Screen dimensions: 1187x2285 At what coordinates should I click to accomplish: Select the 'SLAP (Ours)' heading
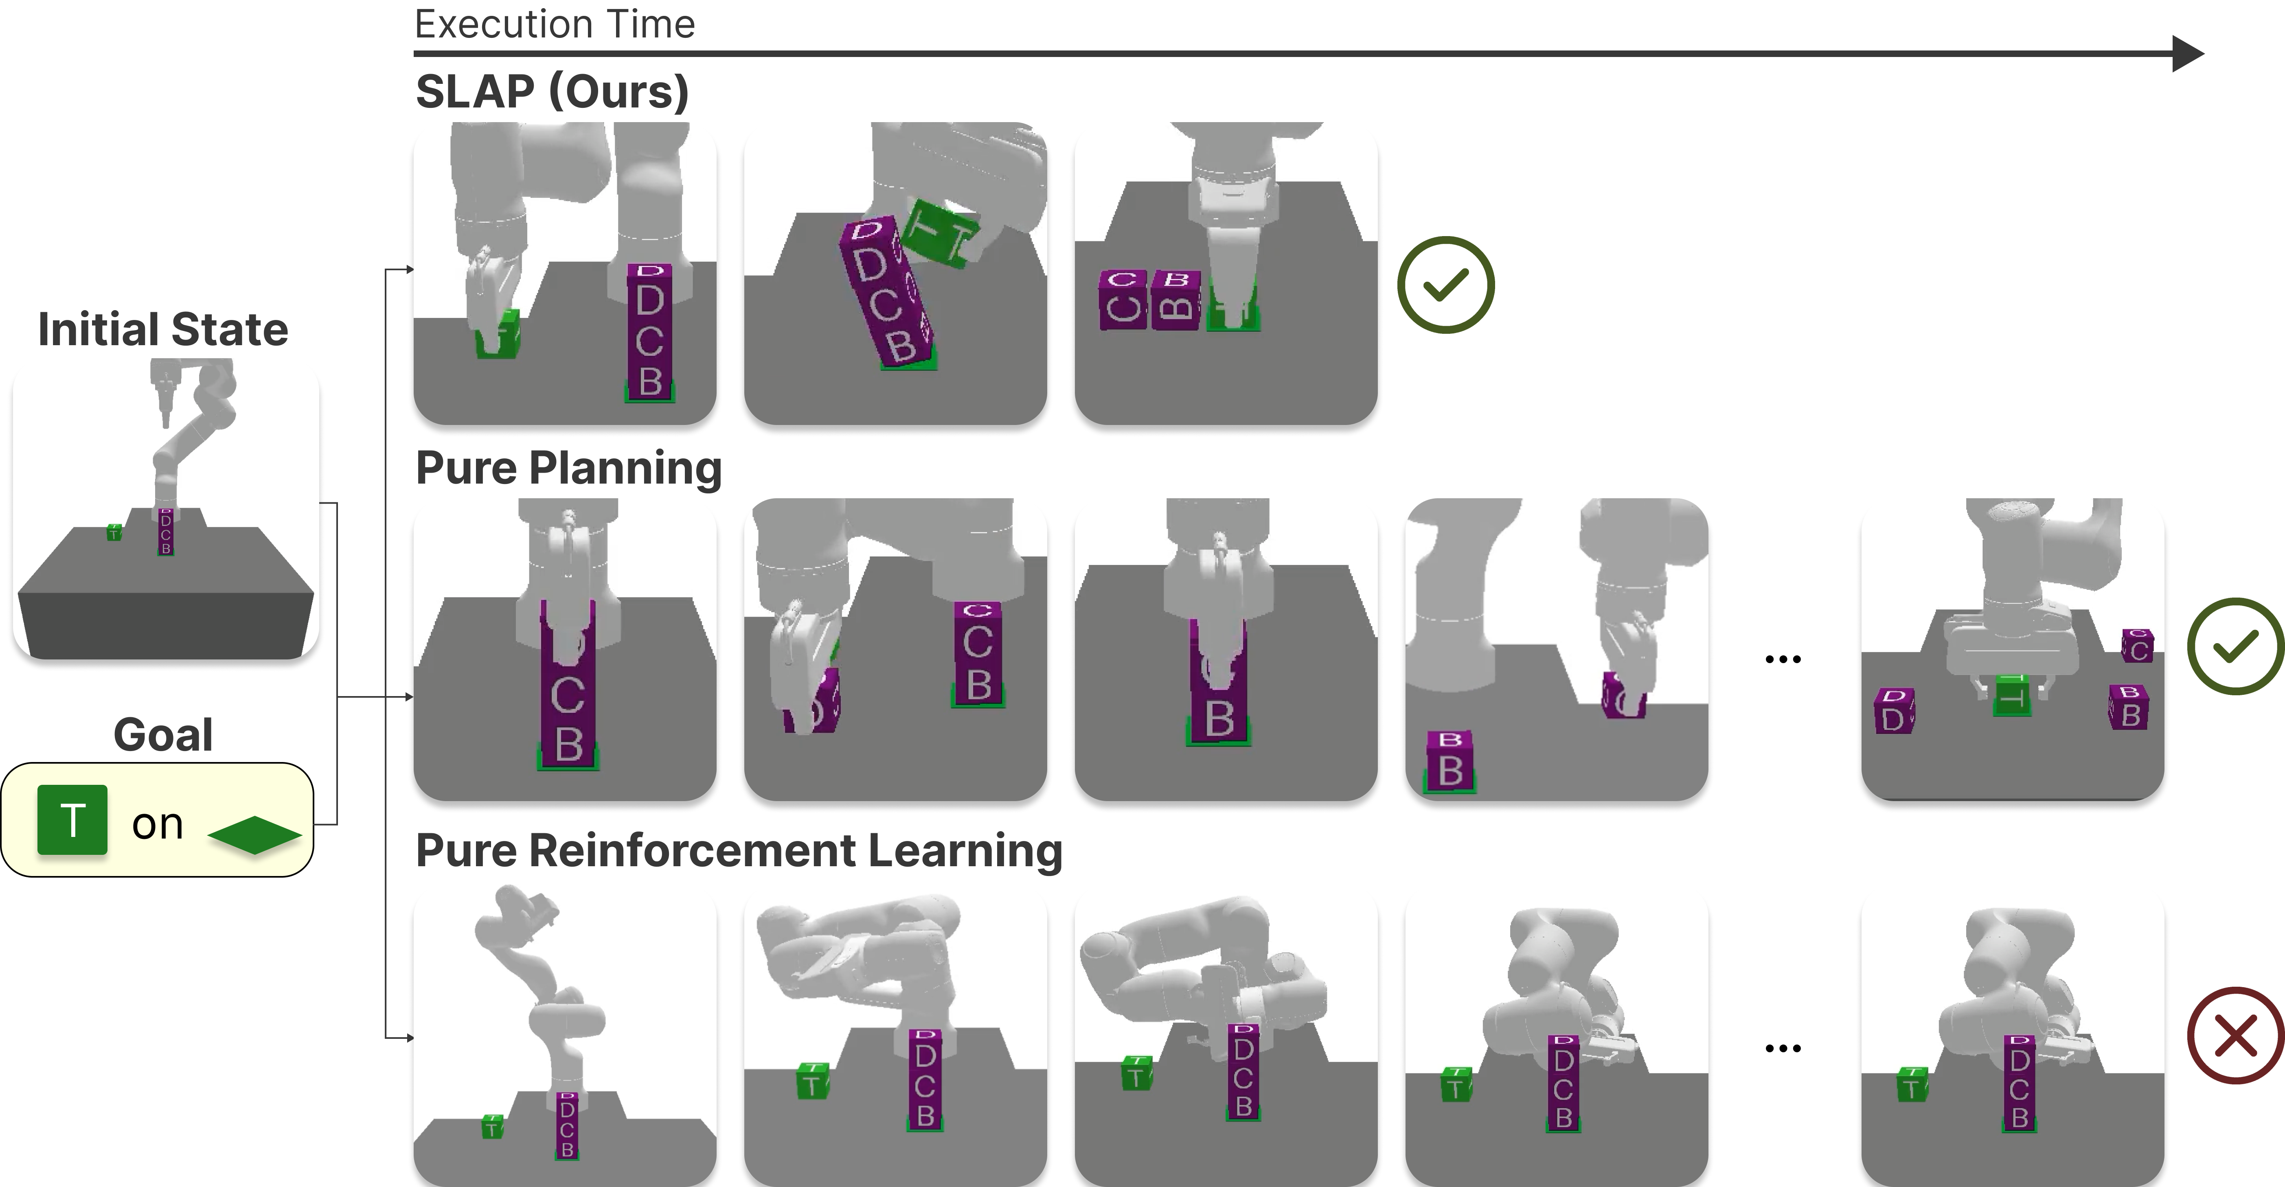tap(552, 91)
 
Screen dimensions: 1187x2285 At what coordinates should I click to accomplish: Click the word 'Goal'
tap(163, 735)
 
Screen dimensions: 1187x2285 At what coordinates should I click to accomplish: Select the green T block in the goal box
tap(72, 820)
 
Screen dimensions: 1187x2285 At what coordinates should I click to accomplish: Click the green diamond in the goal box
tap(254, 835)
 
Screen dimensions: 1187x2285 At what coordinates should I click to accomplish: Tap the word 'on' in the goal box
tap(157, 824)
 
